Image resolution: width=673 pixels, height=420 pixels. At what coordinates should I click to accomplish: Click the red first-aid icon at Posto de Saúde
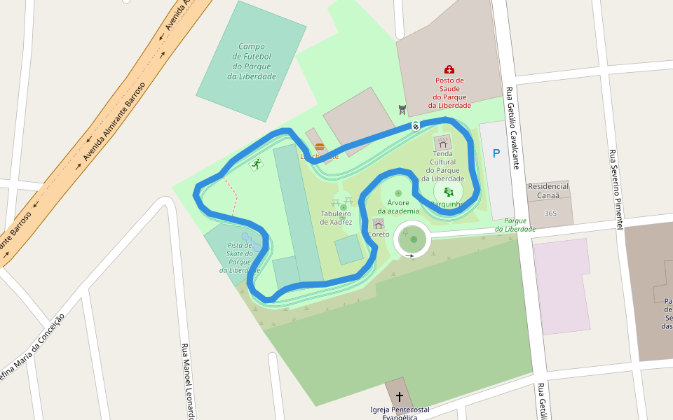pos(449,69)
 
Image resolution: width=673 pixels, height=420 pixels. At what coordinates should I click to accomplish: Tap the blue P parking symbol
pos(496,153)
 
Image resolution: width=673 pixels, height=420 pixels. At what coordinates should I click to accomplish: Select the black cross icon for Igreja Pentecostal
pos(400,396)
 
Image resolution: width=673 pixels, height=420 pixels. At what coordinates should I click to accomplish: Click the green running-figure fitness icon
pos(257,164)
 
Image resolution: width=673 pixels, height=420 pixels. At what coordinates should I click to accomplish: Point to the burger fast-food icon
pos(320,147)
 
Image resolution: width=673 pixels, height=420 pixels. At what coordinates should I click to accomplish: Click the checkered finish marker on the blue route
pos(415,126)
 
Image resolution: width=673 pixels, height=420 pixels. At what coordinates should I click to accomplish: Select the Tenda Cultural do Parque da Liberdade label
pos(443,166)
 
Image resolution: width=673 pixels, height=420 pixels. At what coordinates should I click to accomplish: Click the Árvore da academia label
pos(398,206)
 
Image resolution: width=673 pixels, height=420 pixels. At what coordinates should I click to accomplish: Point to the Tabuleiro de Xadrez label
pos(336,217)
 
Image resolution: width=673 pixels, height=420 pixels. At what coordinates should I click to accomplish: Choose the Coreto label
pos(379,234)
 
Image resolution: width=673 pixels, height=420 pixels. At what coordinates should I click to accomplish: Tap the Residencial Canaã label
pos(548,191)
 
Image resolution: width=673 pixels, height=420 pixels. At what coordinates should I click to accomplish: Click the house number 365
pos(550,213)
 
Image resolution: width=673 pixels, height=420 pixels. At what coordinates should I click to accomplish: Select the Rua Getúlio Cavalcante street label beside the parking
pos(513,128)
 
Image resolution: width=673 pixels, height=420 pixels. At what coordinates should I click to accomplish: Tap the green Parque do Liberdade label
pos(515,225)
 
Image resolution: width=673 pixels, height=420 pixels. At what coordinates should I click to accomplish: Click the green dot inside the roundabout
pos(414,239)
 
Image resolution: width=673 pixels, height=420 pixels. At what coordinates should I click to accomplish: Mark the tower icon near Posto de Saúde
pos(402,110)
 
